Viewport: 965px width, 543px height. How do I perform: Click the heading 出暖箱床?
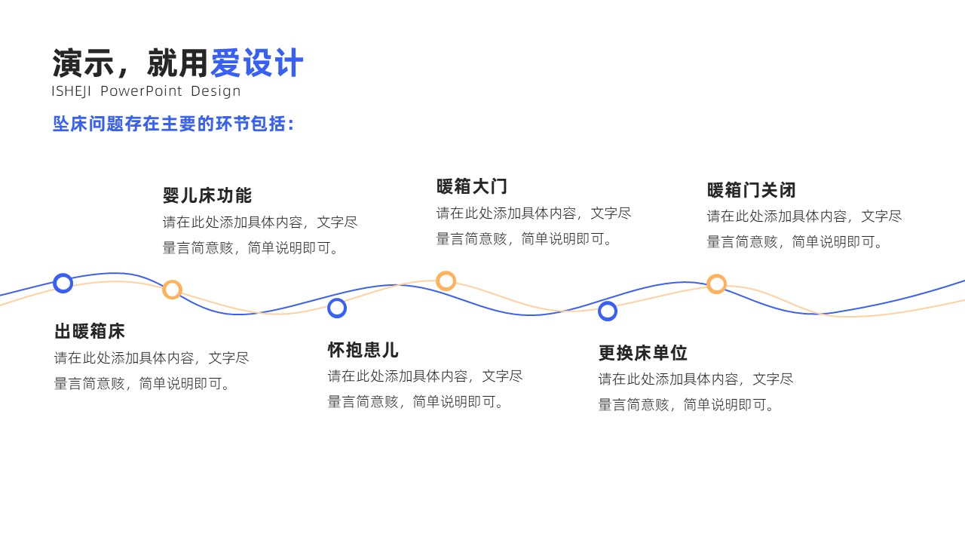click(x=90, y=331)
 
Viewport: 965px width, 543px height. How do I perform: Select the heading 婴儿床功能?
click(x=207, y=195)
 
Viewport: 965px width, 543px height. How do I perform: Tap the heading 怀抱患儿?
click(x=363, y=349)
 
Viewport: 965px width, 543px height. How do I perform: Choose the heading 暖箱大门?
click(x=472, y=186)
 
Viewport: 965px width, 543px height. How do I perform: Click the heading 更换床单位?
click(x=643, y=352)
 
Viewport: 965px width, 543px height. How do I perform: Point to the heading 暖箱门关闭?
click(x=752, y=190)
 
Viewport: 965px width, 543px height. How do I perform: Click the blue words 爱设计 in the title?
click(x=257, y=63)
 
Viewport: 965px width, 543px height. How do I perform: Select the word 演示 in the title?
click(x=83, y=63)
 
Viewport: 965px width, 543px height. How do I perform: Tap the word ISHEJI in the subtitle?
click(x=71, y=91)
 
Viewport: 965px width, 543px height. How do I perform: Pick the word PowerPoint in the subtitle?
click(x=141, y=91)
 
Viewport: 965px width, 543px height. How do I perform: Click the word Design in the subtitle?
click(x=216, y=91)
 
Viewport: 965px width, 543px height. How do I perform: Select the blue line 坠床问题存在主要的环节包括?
click(x=173, y=124)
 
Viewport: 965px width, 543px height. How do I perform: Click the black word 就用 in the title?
click(x=178, y=63)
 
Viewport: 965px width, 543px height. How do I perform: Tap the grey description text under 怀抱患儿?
click(x=425, y=388)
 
